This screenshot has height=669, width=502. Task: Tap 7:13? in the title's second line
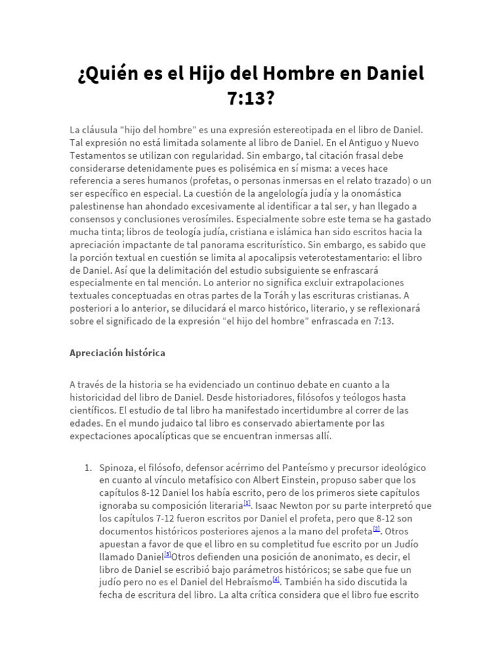click(250, 99)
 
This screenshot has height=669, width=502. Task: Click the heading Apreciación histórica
click(117, 353)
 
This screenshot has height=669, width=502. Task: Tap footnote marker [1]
click(247, 503)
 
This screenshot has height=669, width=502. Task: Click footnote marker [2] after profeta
click(376, 528)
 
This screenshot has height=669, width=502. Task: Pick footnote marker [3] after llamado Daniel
click(168, 553)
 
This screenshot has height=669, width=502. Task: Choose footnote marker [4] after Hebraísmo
click(276, 578)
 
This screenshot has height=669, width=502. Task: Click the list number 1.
click(88, 468)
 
